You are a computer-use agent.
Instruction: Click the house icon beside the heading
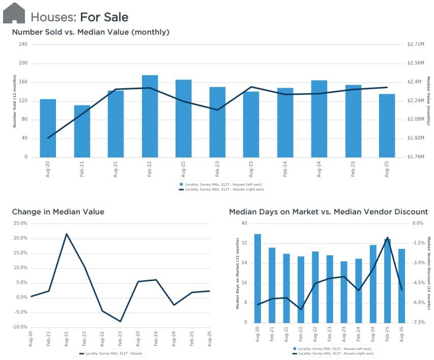[x=14, y=13]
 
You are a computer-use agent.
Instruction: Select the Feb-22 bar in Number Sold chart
[x=150, y=116]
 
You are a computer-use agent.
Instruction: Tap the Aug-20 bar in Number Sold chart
[x=48, y=128]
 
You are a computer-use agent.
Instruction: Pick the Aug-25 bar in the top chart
[x=387, y=126]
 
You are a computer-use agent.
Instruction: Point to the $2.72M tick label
[x=416, y=44]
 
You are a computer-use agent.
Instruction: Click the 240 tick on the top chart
[x=23, y=44]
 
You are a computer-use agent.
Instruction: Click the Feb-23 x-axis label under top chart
[x=217, y=169]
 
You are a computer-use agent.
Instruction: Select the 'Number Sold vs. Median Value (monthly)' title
[x=91, y=32]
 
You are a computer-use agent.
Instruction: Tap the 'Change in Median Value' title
[x=58, y=212]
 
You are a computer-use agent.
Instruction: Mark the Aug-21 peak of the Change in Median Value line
[x=67, y=234]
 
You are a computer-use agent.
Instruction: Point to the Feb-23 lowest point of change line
[x=120, y=321]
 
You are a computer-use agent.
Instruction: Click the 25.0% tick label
[x=20, y=223]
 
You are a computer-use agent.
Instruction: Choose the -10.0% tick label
[x=20, y=327]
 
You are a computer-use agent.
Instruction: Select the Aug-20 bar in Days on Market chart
[x=257, y=279]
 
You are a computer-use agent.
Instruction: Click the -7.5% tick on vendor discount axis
[x=419, y=322]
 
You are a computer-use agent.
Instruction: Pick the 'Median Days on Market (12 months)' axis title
[x=238, y=273]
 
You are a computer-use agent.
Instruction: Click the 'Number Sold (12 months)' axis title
[x=15, y=101]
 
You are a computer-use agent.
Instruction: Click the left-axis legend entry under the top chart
[x=221, y=184]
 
